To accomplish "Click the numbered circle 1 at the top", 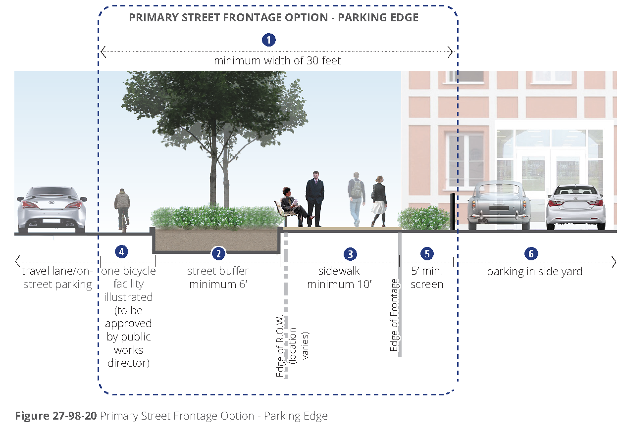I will [268, 40].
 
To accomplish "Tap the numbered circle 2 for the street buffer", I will [218, 253].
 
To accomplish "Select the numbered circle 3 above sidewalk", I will [350, 253].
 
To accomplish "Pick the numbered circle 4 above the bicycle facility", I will [121, 251].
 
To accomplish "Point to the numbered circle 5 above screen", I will [426, 253].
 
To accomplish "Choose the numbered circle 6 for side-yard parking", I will [531, 253].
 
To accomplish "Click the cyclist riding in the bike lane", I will [122, 208].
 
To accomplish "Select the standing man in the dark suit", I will [314, 198].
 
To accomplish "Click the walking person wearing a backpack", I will [356, 198].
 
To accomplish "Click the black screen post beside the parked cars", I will [453, 212].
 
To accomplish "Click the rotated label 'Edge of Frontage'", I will [394, 315].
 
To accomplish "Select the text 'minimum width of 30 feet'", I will [277, 61].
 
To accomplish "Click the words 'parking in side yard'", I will [534, 272].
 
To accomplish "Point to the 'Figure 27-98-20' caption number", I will [55, 416].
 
